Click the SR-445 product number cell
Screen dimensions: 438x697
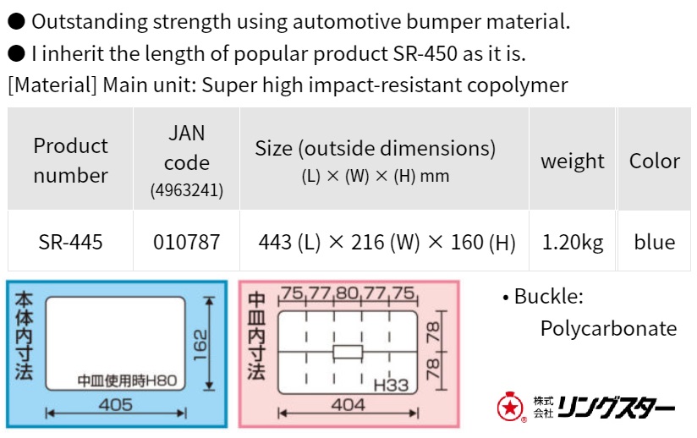(71, 243)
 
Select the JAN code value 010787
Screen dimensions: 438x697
(186, 243)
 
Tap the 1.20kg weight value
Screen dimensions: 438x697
(573, 243)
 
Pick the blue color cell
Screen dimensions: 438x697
(654, 243)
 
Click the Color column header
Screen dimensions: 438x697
(654, 161)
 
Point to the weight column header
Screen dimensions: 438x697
(573, 161)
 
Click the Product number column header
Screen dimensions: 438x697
(71, 161)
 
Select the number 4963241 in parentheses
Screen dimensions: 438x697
(186, 191)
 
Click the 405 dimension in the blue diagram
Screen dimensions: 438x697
(115, 405)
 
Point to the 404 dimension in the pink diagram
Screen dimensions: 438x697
(347, 405)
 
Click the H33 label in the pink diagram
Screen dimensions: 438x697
(391, 386)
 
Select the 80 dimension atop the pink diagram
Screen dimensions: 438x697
(347, 294)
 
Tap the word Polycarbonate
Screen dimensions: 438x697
(608, 328)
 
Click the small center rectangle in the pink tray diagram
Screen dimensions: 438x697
(347, 351)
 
